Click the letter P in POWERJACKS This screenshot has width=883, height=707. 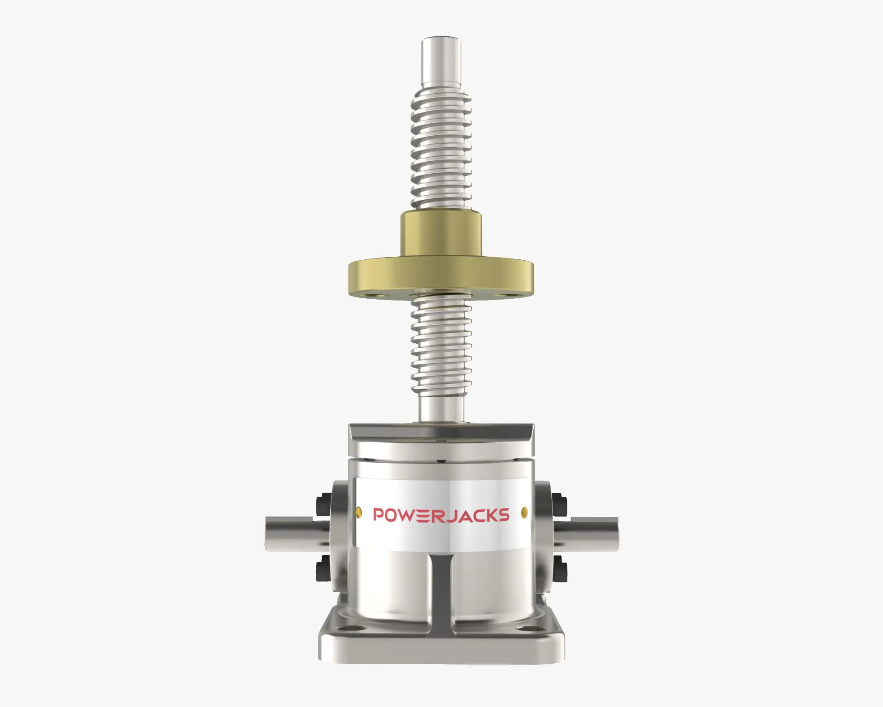(x=379, y=515)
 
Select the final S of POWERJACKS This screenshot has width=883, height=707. (x=504, y=515)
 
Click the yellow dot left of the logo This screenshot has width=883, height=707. (x=358, y=512)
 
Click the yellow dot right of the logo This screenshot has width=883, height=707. (x=524, y=512)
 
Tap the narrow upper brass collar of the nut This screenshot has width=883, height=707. (x=441, y=234)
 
